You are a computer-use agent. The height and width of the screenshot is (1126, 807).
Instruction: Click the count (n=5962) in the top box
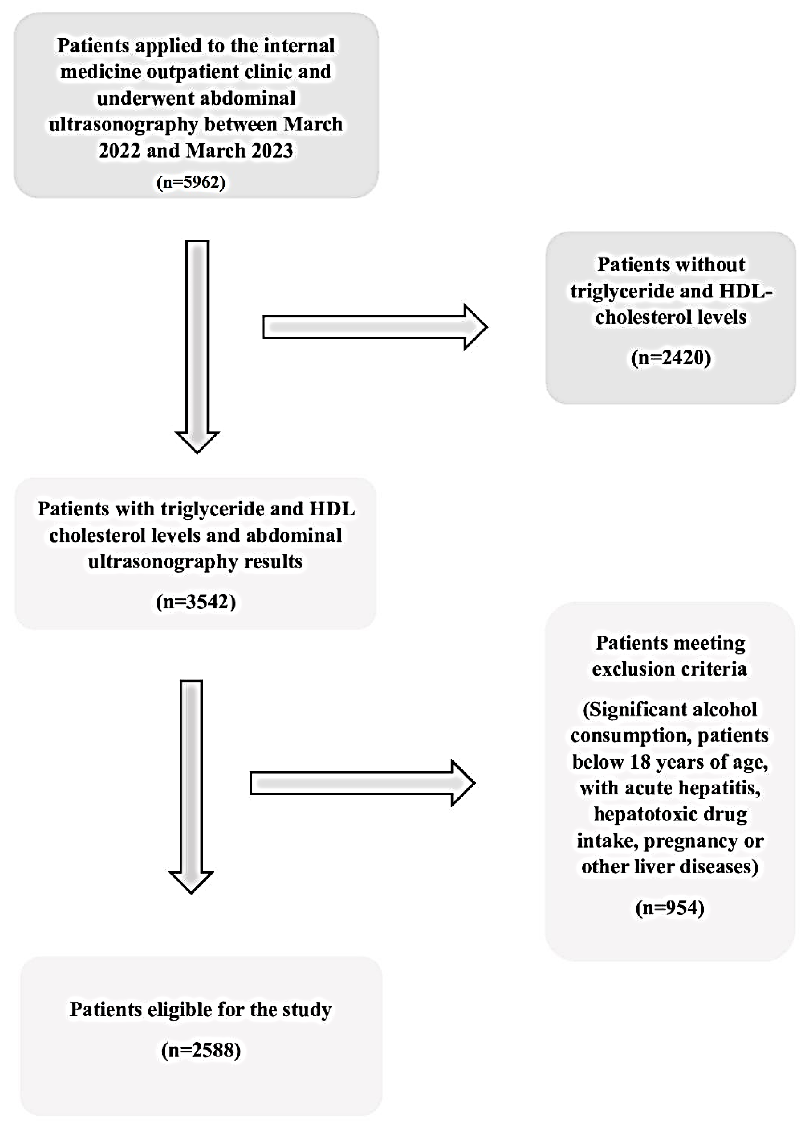(191, 182)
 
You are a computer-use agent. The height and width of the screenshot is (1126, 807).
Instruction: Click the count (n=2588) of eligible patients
(201, 1050)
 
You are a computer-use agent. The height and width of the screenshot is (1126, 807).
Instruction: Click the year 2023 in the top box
(268, 150)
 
